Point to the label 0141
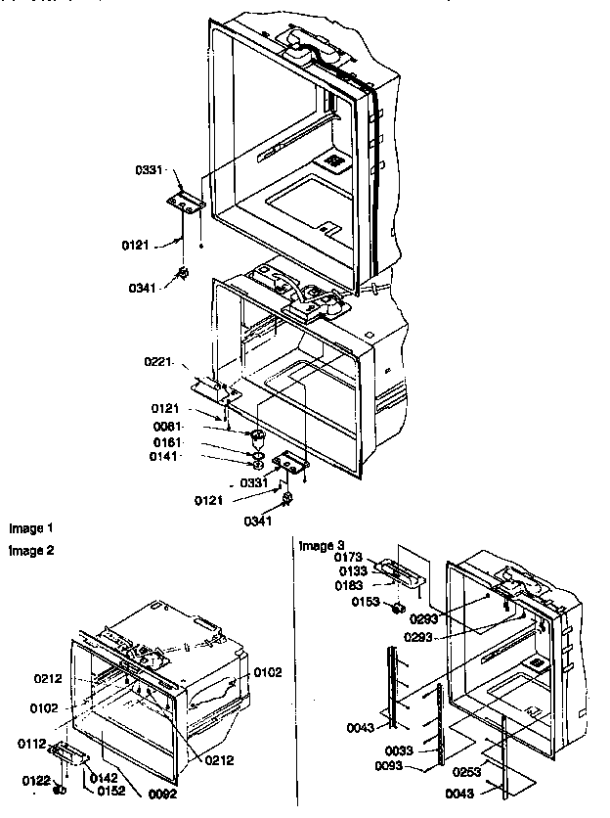(163, 456)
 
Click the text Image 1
(29, 528)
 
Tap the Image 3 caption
(322, 545)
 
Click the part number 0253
(467, 773)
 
